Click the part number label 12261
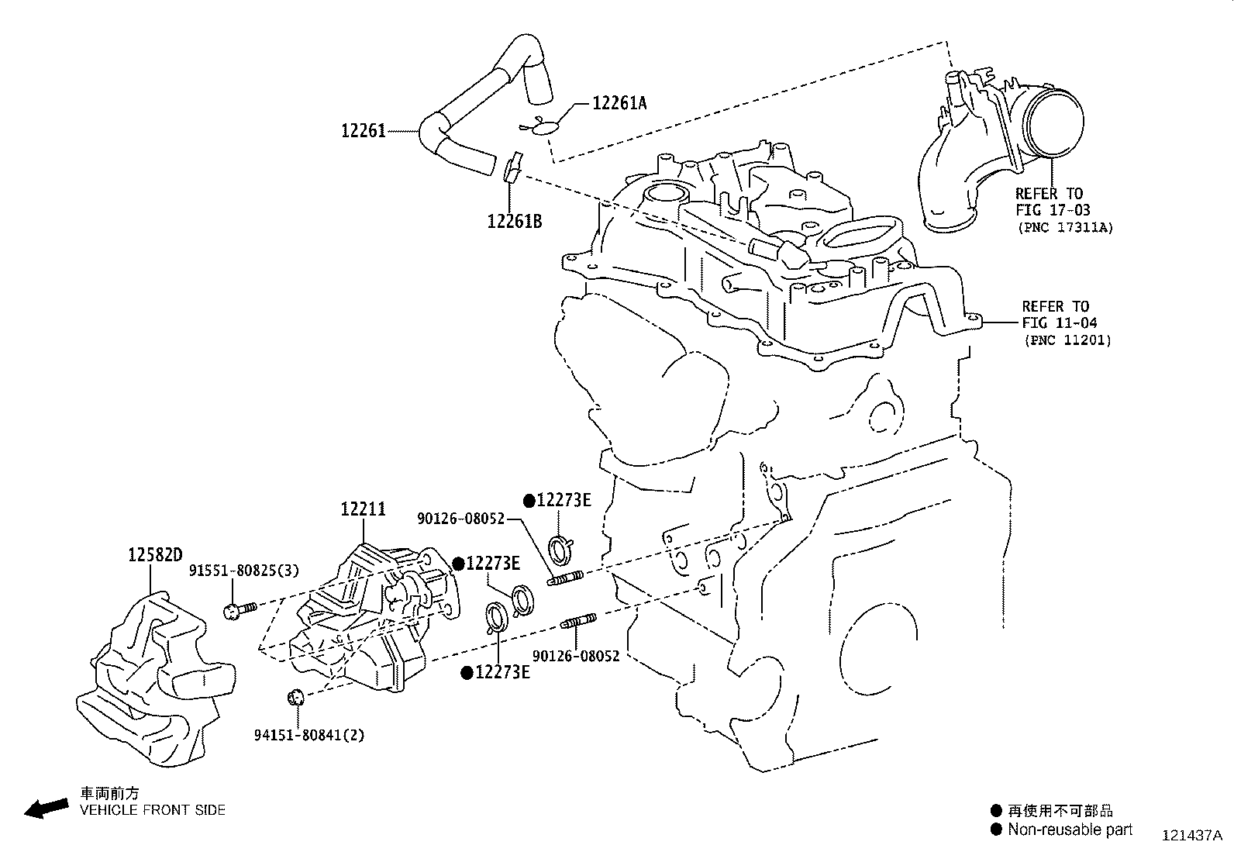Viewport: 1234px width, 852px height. click(x=363, y=131)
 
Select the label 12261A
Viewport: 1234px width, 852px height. click(x=619, y=103)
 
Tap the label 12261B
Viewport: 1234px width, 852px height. click(x=514, y=221)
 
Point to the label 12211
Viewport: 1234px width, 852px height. click(x=362, y=509)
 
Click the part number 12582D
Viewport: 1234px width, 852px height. click(x=155, y=555)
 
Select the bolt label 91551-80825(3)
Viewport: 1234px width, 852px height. click(x=244, y=571)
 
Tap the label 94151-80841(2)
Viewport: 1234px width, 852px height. click(x=308, y=733)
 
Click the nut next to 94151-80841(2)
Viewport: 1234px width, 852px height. click(x=295, y=696)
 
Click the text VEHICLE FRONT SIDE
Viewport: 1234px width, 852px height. click(x=153, y=810)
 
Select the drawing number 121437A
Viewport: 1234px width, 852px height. click(x=1191, y=836)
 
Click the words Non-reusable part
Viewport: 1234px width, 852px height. click(x=1070, y=830)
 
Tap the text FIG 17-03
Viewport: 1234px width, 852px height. click(x=1053, y=210)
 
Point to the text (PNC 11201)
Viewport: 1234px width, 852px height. click(x=1067, y=340)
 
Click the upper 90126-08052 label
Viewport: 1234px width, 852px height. click(x=460, y=519)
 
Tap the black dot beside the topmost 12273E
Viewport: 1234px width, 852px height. click(x=529, y=500)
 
